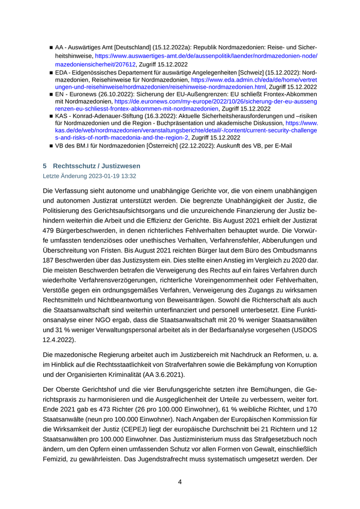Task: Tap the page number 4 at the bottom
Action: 180,482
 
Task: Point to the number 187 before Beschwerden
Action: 50,260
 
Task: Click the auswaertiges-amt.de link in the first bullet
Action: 206,56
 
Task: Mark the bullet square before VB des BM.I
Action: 51,146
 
